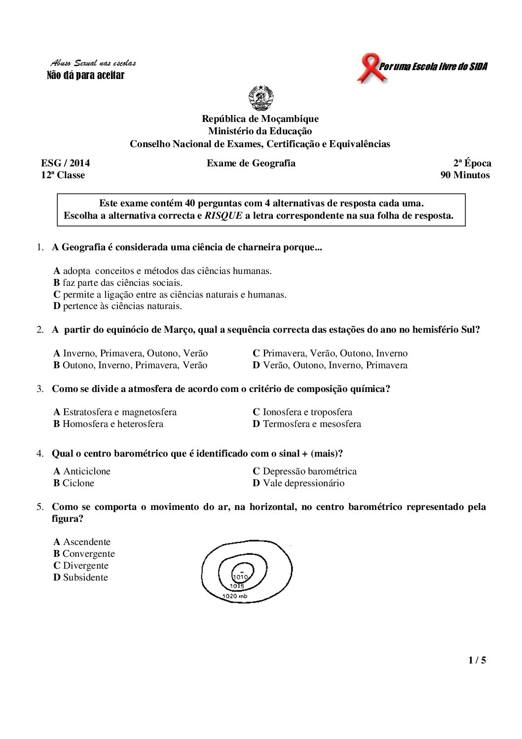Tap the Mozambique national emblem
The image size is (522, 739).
[x=260, y=98]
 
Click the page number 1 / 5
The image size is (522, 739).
[x=477, y=660]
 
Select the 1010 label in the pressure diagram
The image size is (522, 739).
[x=240, y=577]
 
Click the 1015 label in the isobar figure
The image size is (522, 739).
[x=237, y=586]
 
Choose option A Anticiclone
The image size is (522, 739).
[x=82, y=471]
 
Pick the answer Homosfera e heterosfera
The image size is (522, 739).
[x=108, y=424]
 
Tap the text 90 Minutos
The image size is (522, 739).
[x=465, y=175]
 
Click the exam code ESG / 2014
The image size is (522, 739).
[x=65, y=163]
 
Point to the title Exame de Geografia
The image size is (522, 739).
[x=251, y=163]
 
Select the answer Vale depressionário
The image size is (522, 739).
[x=298, y=483]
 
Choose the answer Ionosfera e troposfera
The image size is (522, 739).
[x=302, y=412]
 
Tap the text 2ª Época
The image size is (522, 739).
[x=472, y=163]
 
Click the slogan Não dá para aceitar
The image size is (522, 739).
[x=85, y=75]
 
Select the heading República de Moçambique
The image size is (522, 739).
[x=260, y=118]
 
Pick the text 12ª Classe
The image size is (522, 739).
[x=63, y=175]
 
